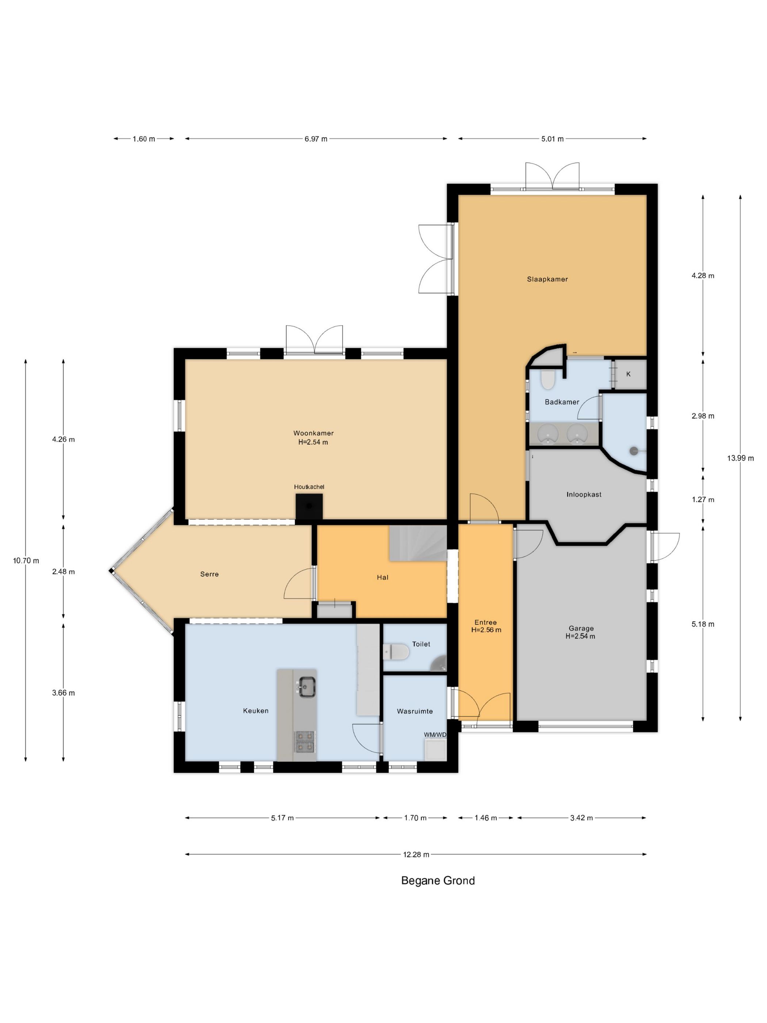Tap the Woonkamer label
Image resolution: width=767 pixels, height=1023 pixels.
313,433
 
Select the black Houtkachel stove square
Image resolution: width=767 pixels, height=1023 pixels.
309,506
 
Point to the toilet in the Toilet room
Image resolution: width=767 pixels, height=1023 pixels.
396,653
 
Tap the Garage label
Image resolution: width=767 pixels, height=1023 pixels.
581,628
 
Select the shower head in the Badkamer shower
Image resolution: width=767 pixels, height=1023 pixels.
633,450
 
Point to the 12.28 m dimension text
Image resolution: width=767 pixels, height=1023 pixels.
416,854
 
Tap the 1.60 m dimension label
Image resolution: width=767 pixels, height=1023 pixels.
144,139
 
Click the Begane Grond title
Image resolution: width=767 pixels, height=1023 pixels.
438,881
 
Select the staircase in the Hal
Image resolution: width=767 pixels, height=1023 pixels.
418,543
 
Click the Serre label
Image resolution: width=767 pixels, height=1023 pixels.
209,574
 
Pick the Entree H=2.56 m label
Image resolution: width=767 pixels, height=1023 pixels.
485,626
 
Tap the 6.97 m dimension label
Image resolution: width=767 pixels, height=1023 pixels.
316,139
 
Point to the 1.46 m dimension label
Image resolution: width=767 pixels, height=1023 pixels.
485,818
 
